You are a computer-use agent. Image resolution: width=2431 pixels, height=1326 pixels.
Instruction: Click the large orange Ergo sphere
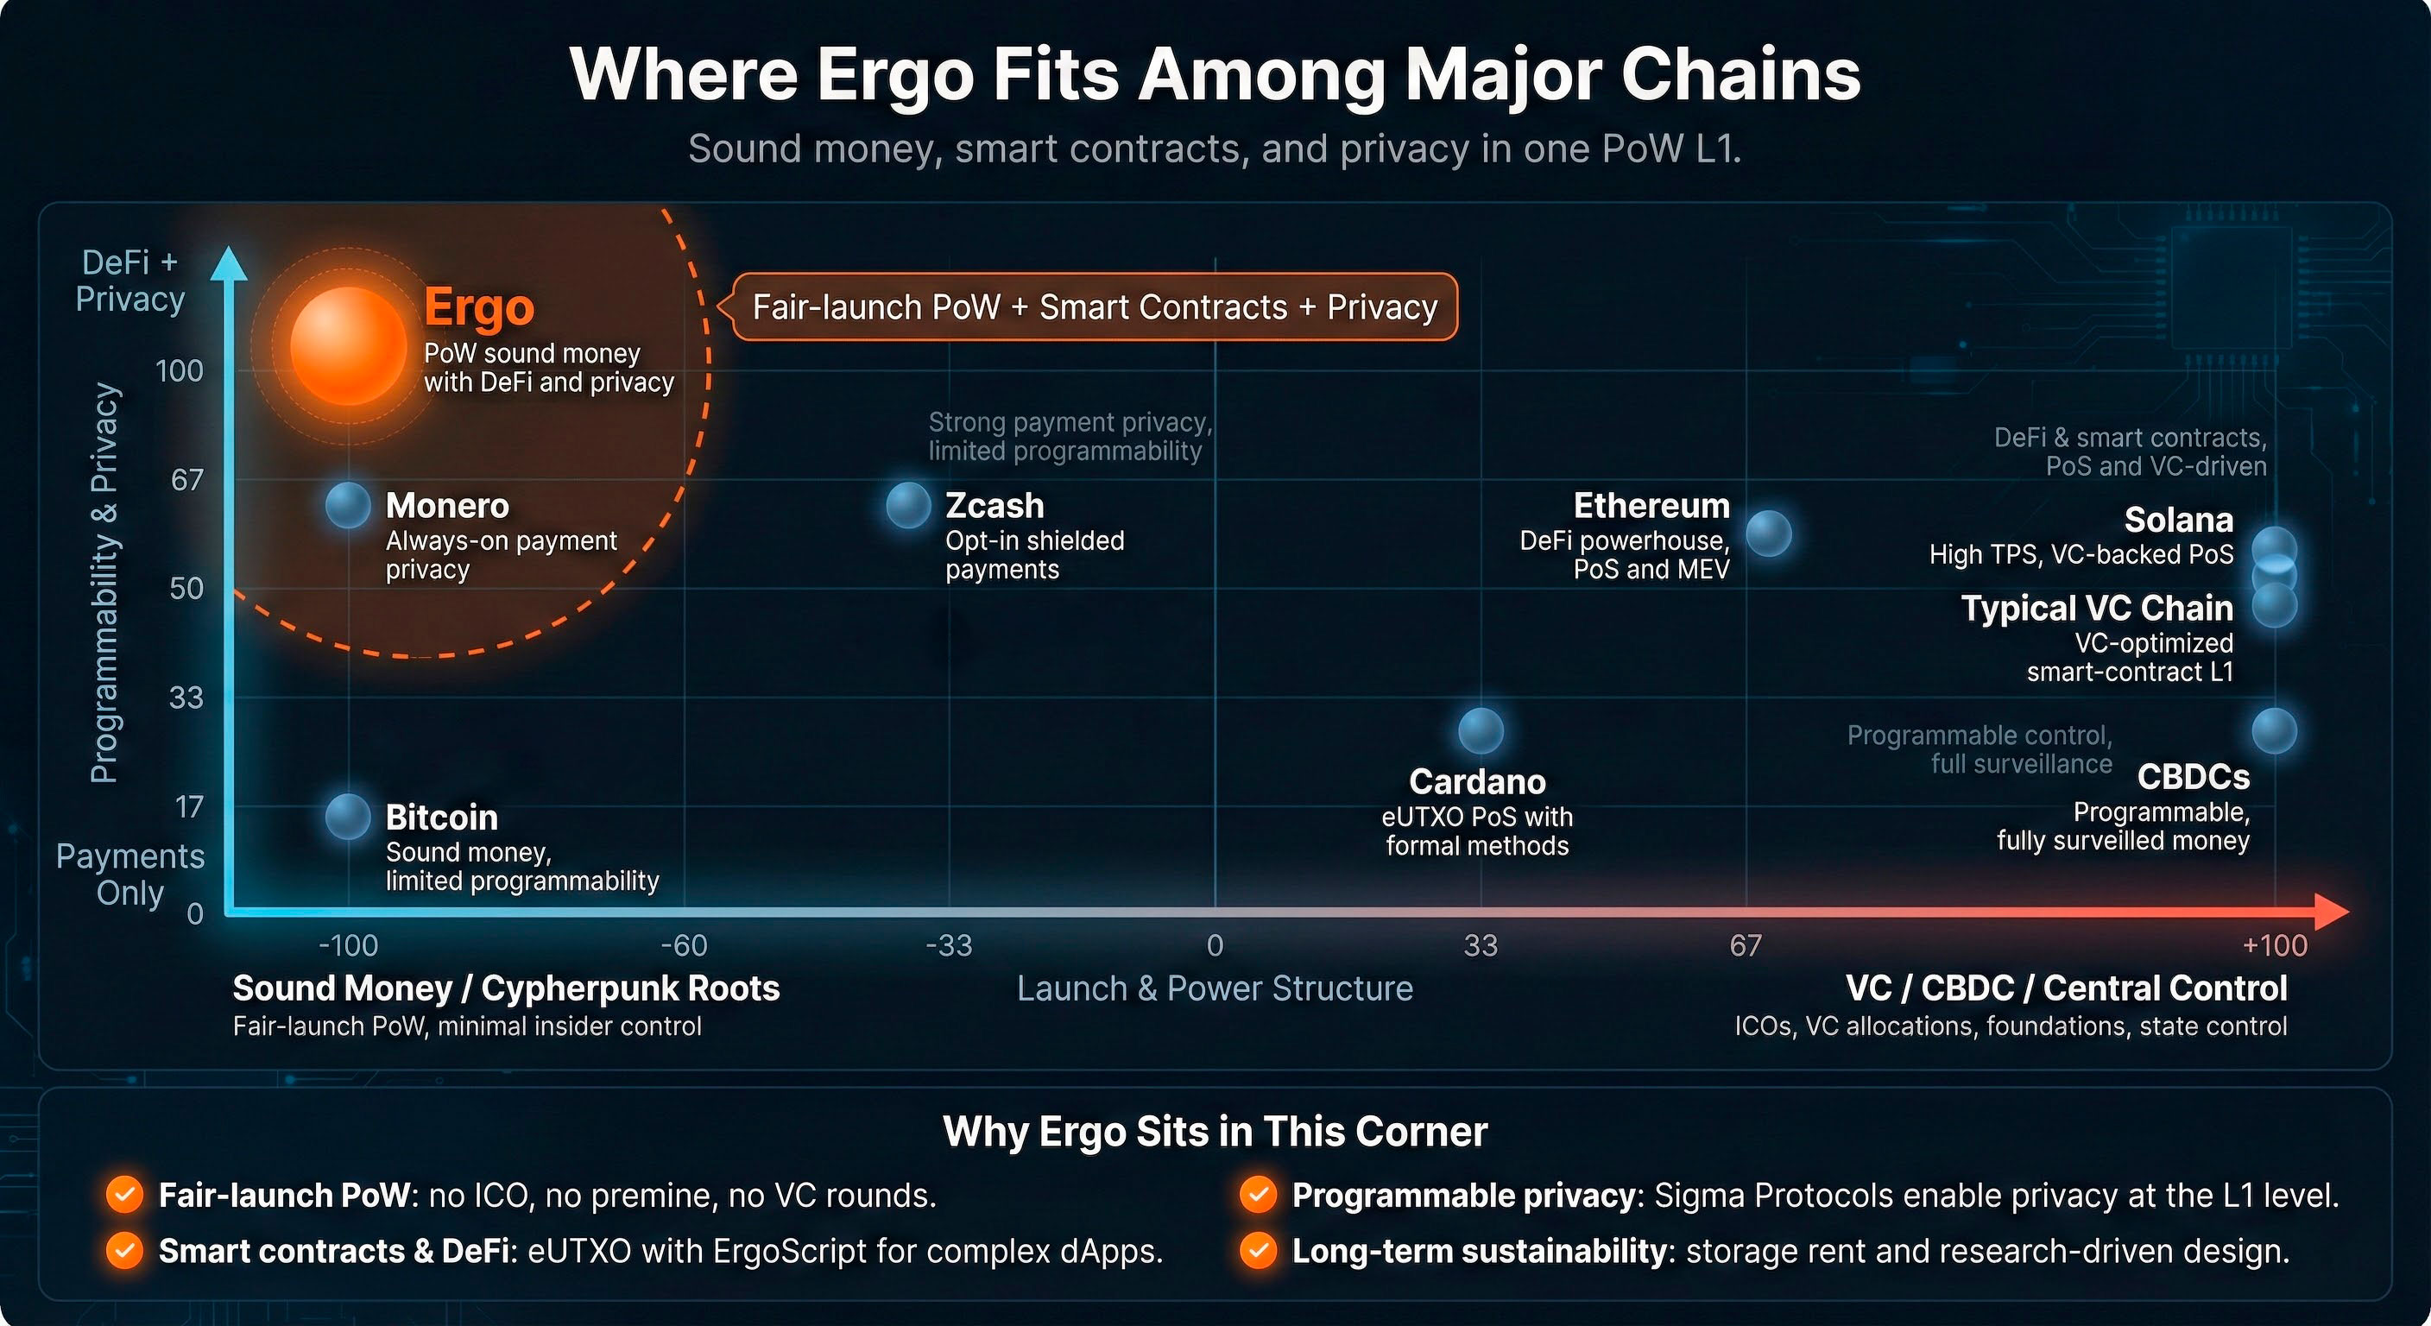[348, 346]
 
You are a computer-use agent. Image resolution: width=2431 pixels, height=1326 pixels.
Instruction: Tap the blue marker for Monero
[348, 505]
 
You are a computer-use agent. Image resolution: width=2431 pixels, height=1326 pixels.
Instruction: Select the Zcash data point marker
[909, 505]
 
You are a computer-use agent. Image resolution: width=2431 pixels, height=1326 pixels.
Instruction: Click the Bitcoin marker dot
[348, 817]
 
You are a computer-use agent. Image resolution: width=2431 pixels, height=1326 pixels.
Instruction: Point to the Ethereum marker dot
[1769, 534]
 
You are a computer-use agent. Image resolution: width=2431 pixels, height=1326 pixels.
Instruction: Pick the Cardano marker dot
[1481, 730]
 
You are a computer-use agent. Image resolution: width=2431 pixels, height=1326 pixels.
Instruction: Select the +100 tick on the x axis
[2275, 944]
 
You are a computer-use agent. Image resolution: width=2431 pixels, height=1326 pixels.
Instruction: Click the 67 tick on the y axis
[186, 479]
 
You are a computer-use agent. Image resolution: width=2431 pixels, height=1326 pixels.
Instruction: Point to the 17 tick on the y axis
[190, 807]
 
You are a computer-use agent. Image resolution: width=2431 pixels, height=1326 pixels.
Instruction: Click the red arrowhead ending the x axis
[2331, 911]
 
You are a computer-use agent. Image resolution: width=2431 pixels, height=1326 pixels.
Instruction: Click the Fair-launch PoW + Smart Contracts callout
[1095, 306]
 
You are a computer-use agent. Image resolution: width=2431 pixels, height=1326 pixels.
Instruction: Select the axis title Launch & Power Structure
[1215, 988]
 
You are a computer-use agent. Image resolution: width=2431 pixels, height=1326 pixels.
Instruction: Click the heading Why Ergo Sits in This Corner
[1215, 1131]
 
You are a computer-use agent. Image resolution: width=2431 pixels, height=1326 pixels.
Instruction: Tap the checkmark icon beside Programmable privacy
[1258, 1195]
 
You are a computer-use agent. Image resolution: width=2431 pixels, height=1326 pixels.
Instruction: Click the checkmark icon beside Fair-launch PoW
[124, 1195]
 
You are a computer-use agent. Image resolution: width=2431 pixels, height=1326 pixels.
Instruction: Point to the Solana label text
[2178, 520]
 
